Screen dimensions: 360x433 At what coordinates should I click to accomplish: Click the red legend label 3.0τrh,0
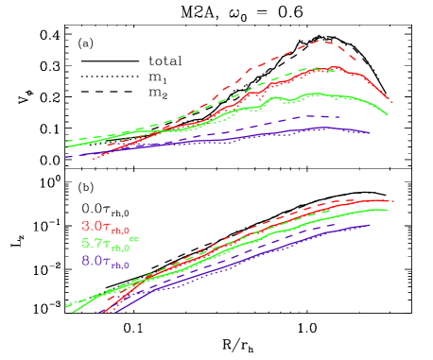point(105,227)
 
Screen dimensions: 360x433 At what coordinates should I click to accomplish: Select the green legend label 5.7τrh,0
point(105,244)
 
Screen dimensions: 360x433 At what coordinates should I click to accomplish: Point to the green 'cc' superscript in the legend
point(134,238)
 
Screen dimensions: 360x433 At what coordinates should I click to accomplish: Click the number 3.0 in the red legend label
point(93,226)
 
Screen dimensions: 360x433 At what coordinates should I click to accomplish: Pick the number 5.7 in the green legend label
point(93,243)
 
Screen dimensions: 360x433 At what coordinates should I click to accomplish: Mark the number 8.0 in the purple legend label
point(93,260)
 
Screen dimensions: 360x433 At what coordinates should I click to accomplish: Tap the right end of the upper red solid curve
point(391,101)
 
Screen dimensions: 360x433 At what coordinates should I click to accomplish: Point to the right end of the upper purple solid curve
point(369,133)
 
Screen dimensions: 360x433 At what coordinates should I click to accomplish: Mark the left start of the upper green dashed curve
point(65,141)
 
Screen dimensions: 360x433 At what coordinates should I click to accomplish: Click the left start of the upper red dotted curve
point(93,160)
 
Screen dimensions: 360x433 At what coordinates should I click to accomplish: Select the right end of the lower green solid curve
point(389,210)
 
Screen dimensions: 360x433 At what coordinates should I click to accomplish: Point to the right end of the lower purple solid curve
point(369,226)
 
